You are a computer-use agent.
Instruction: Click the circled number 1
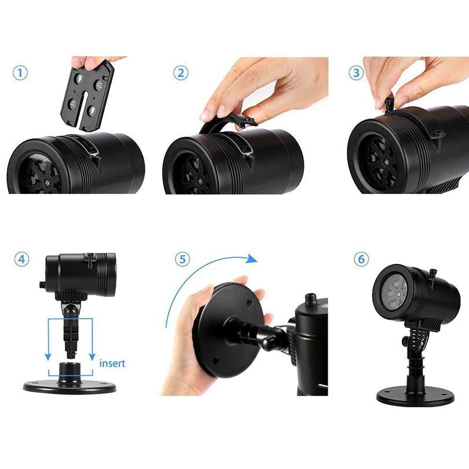20,73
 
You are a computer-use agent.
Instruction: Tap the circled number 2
181,73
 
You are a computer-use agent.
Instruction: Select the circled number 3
356,73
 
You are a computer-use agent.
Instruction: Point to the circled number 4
22,259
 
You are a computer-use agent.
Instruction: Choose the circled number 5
182,259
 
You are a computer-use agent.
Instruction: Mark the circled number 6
361,259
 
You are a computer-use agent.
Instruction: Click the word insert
112,363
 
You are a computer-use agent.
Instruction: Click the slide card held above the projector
87,95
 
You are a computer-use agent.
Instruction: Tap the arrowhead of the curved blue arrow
251,259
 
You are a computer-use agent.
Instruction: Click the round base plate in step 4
69,386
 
